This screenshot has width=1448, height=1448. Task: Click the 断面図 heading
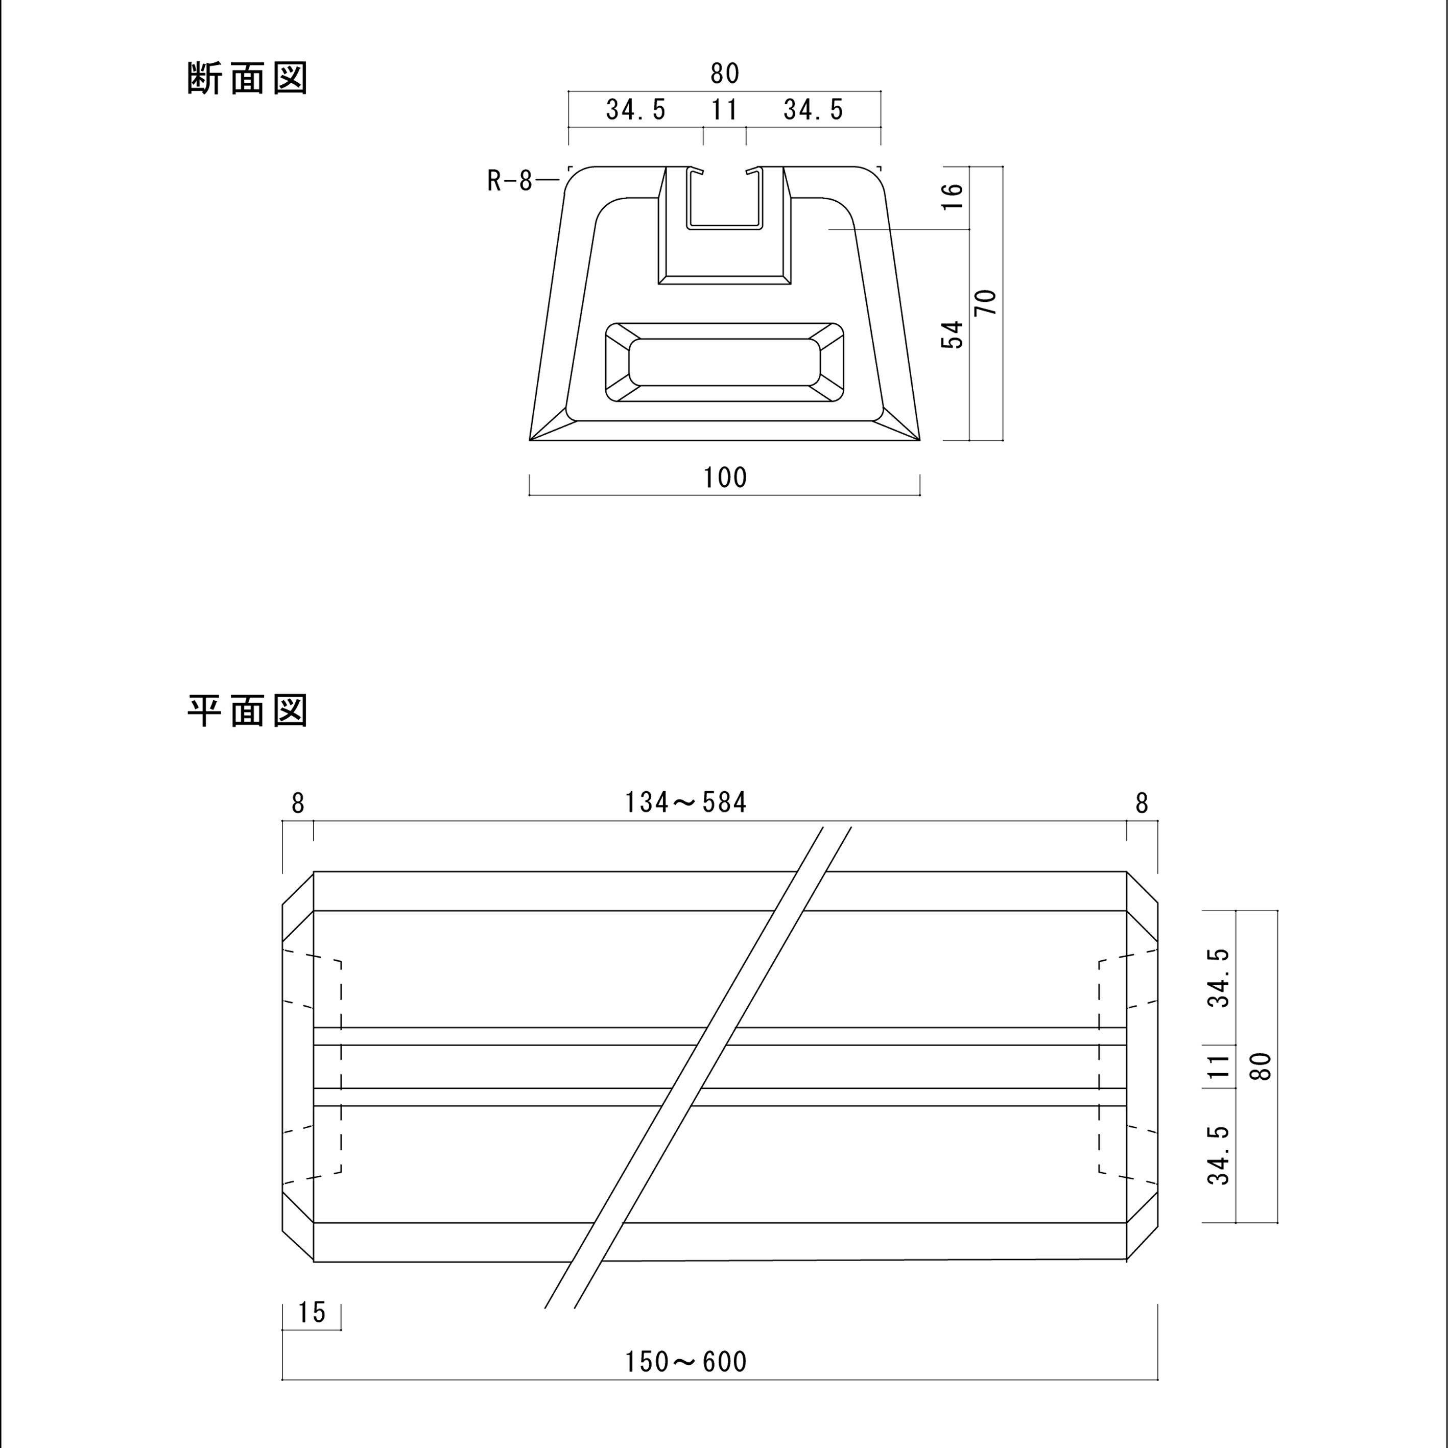point(247,78)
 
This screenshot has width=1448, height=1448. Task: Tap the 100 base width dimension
point(725,478)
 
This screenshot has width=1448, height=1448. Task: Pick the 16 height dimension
point(952,196)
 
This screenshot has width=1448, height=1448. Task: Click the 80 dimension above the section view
point(725,74)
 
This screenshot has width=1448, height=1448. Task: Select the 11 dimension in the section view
point(725,110)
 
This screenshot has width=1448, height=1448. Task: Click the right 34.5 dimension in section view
point(813,110)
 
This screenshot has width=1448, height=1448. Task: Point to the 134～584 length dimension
point(686,803)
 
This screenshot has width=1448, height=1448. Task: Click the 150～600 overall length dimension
point(686,1362)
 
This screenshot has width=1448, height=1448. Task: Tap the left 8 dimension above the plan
point(298,803)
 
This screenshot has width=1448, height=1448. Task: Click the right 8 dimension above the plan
point(1142,803)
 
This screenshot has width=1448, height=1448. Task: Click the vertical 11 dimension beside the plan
point(1219,1066)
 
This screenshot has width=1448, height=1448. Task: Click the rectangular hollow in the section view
point(724,362)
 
